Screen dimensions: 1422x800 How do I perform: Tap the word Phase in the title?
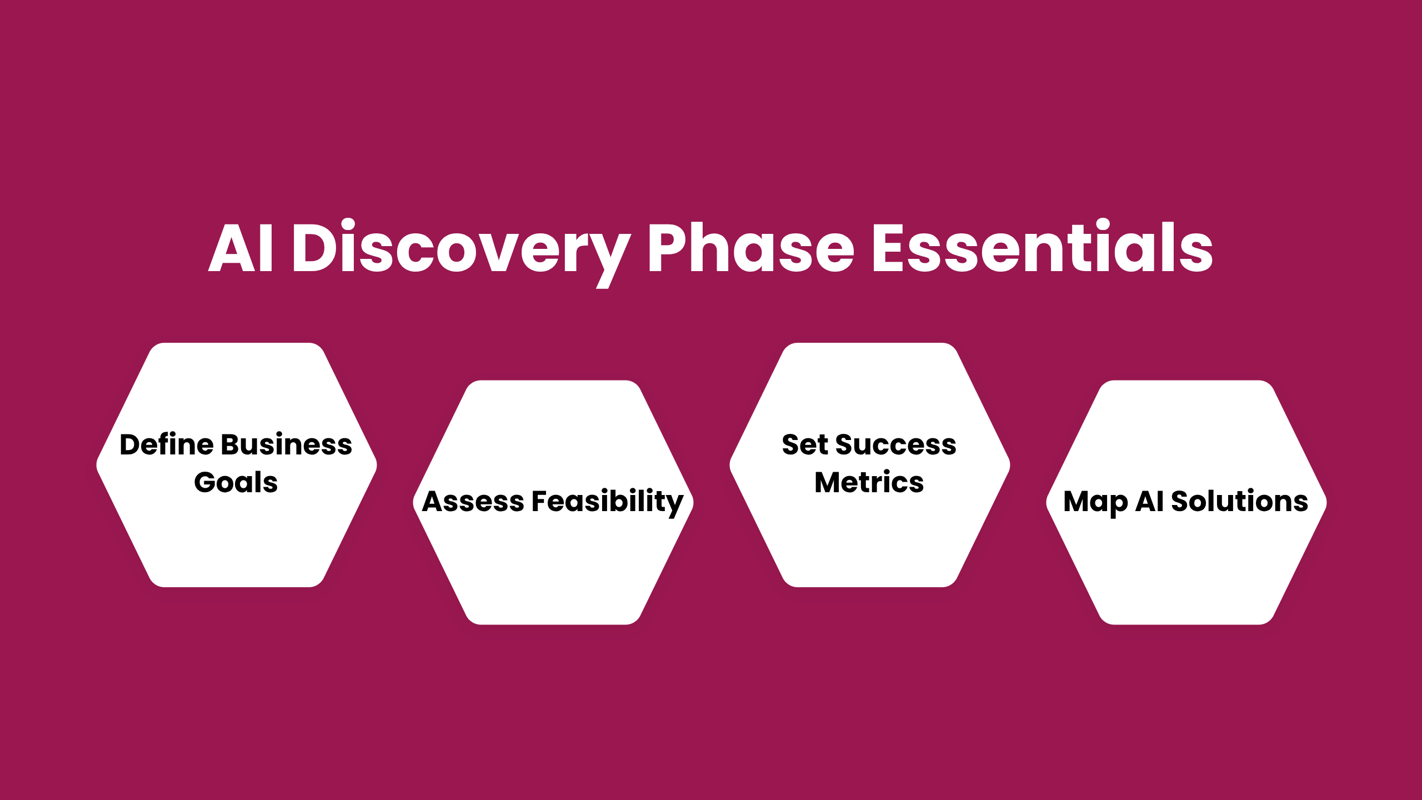(751, 247)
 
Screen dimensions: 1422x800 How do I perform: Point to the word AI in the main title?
(241, 247)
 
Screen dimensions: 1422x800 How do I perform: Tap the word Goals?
(236, 482)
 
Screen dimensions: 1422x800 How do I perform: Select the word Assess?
(473, 501)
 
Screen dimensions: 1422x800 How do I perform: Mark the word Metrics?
(869, 482)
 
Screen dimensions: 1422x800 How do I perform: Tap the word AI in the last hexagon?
(1149, 501)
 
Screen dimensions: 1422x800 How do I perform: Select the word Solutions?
(1240, 501)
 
